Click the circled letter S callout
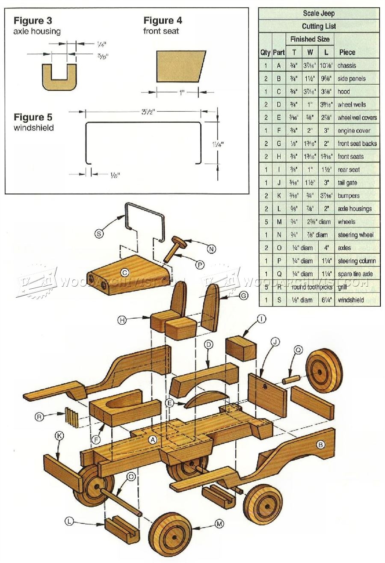click(99, 234)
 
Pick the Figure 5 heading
click(35, 117)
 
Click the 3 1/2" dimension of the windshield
click(144, 111)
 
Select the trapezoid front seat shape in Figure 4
click(180, 66)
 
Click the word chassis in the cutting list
click(346, 65)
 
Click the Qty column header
click(265, 52)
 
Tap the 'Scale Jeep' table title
click(319, 13)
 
